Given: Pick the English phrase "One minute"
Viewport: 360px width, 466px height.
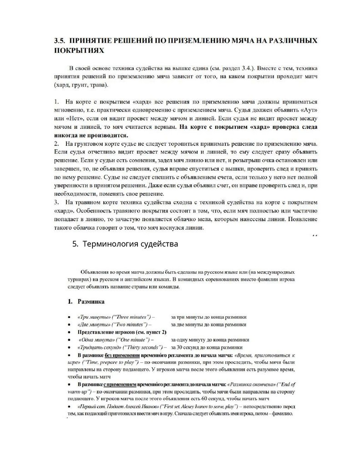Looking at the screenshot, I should click(x=128, y=339).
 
